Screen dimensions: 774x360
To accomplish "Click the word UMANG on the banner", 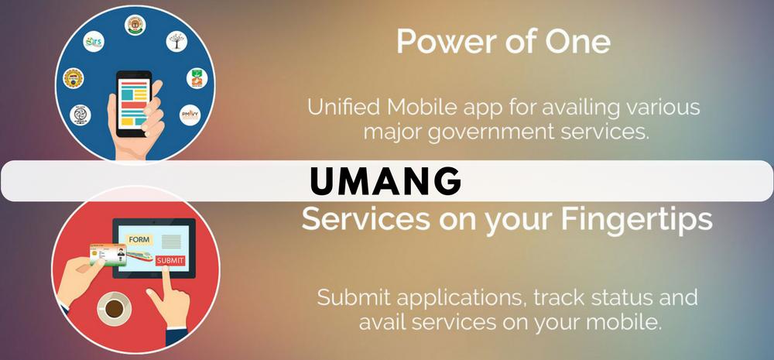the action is click(x=385, y=180).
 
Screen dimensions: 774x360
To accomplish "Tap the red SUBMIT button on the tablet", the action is click(x=170, y=260).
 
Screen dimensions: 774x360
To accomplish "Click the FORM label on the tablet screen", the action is click(x=139, y=239).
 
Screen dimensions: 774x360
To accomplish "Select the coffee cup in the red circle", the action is click(x=115, y=308).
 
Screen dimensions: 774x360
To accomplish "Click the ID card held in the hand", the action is click(x=108, y=255).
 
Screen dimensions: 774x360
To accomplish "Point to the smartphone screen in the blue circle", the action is click(x=134, y=102).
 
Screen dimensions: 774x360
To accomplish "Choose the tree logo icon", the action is click(x=176, y=41).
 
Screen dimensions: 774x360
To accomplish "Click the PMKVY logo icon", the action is click(x=190, y=115).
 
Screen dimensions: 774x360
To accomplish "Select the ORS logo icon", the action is click(x=94, y=42).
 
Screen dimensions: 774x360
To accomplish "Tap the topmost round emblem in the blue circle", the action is click(x=134, y=25).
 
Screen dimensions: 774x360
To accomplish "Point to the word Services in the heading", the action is click(x=365, y=218).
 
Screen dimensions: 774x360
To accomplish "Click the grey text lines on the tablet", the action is click(x=171, y=241).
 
